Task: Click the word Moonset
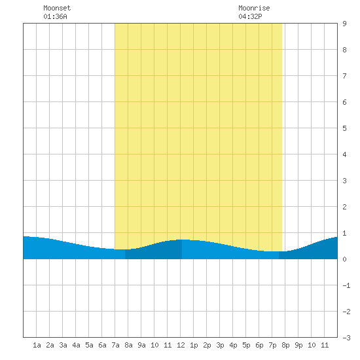57,8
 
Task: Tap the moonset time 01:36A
55,16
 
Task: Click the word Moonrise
254,8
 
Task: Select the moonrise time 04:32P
250,16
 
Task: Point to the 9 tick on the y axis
344,24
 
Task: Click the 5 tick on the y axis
344,128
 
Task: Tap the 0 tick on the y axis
344,259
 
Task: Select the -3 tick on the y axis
346,338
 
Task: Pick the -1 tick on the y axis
346,285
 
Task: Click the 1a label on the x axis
37,345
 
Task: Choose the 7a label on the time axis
115,345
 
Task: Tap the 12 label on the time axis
181,345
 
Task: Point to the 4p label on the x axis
233,345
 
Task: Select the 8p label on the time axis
285,345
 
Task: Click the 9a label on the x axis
141,345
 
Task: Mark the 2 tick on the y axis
344,207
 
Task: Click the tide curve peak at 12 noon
182,240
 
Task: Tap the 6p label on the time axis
259,345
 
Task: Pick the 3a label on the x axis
63,345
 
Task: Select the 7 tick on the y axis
344,76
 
